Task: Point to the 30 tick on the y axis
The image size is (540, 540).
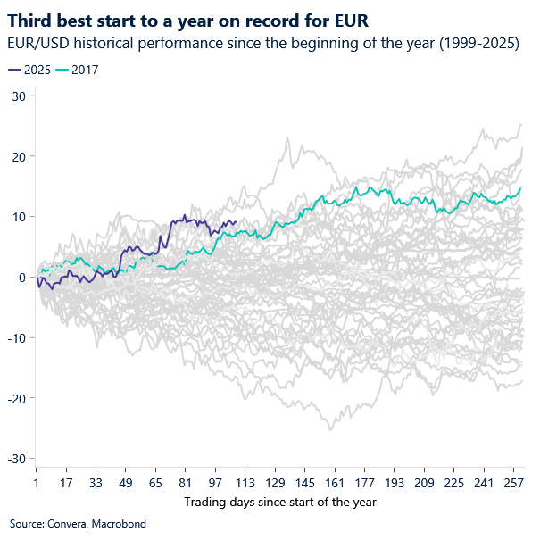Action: (18, 96)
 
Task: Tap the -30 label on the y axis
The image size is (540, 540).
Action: (15, 458)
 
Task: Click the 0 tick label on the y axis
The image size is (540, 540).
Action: (21, 277)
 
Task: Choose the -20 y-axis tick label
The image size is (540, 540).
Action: (15, 398)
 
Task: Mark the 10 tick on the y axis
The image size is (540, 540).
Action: (18, 217)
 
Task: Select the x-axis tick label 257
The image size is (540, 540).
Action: (512, 482)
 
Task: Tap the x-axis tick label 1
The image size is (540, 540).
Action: (36, 482)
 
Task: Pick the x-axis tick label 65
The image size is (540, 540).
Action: (154, 482)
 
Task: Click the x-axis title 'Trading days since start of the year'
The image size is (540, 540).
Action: (280, 502)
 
